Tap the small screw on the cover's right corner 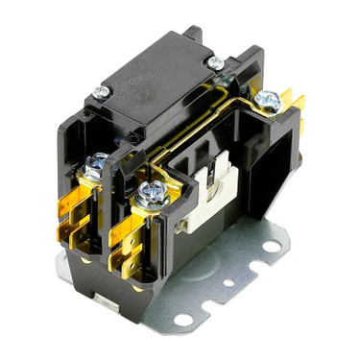217,63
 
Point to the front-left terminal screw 95,166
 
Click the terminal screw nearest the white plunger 151,194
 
